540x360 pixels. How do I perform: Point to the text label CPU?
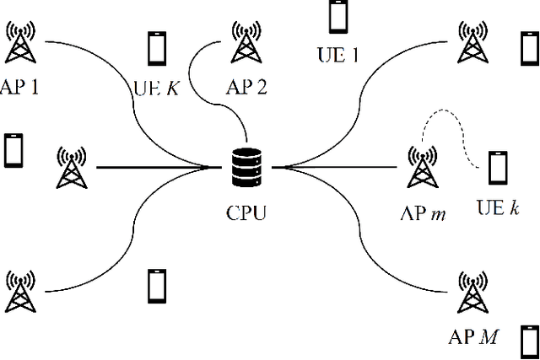point(246,212)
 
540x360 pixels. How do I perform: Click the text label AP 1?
point(22,87)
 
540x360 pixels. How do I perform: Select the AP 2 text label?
point(246,87)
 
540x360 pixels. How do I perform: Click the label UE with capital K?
point(158,87)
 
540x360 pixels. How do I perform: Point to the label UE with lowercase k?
point(497,207)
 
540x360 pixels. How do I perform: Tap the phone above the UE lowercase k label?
point(498,168)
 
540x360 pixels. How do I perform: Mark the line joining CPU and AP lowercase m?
point(337,168)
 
